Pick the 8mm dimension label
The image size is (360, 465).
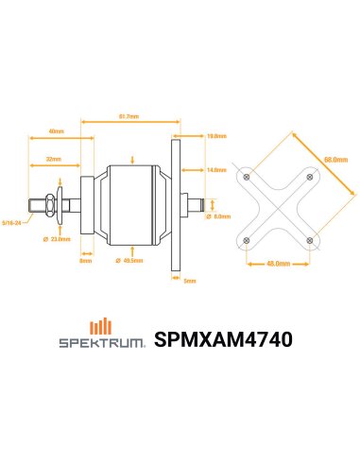tap(86, 260)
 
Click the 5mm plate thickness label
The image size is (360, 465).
tap(189, 281)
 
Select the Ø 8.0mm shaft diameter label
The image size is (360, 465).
tap(223, 216)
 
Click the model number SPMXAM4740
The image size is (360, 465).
tap(222, 337)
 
